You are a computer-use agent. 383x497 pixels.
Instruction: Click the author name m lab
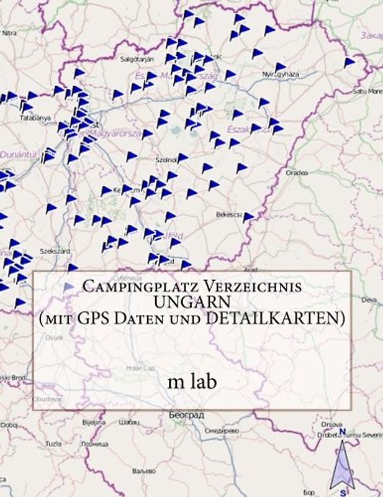pyautogui.click(x=192, y=381)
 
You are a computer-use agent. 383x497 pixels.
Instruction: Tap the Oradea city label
pyautogui.click(x=296, y=173)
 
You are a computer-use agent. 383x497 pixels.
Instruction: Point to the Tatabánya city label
pyautogui.click(x=35, y=117)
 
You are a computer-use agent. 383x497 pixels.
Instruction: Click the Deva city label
pyautogui.click(x=369, y=299)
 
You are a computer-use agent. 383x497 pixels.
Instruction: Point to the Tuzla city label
pyautogui.click(x=53, y=444)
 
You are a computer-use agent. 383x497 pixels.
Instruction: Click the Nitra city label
pyautogui.click(x=9, y=32)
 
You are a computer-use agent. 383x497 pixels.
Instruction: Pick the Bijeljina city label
pyautogui.click(x=94, y=422)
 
